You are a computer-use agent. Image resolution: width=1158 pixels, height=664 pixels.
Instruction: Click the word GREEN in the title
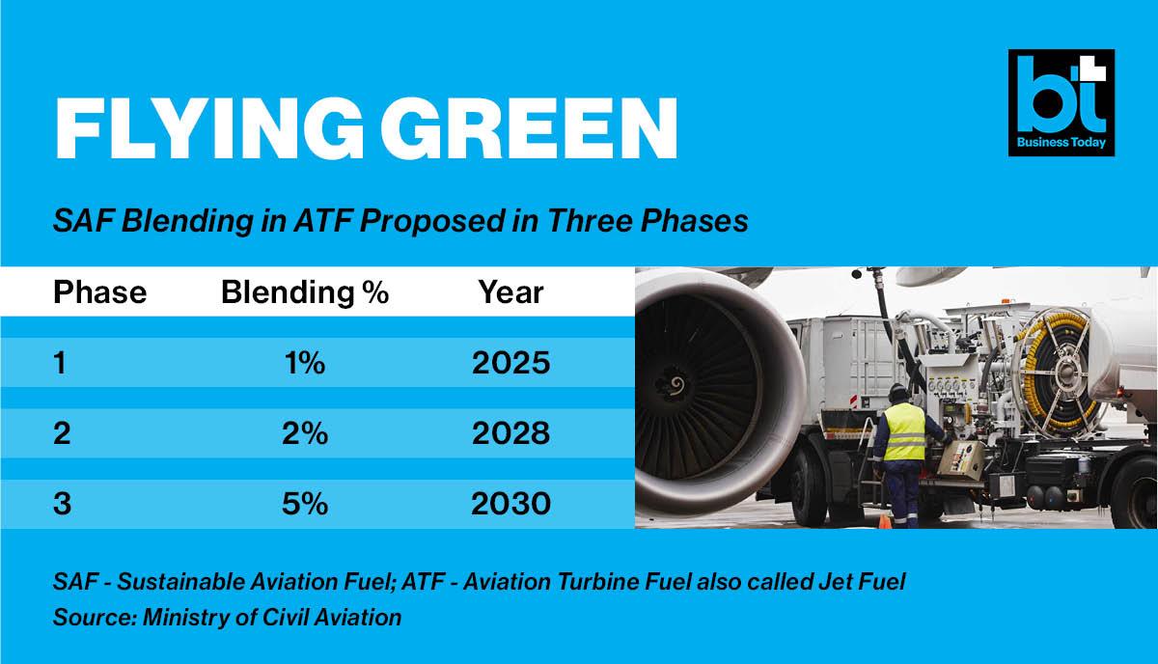(x=529, y=127)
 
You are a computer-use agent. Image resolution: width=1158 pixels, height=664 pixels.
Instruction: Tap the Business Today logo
(x=1061, y=102)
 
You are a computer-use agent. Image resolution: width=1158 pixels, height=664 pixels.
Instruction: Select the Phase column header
(x=99, y=292)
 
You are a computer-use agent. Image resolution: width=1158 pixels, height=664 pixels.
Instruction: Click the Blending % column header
(x=305, y=292)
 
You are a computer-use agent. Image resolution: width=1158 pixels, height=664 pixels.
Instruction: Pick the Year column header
(x=510, y=292)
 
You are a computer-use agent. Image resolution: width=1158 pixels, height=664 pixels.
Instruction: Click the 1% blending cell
(x=305, y=363)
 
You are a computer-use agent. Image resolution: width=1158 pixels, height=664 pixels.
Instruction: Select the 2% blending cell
(x=305, y=432)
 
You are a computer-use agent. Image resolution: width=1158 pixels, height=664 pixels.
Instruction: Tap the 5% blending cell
(x=305, y=503)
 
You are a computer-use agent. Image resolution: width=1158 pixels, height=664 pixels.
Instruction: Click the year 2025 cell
(x=510, y=363)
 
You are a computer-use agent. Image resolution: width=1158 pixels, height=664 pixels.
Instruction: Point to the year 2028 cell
(x=510, y=432)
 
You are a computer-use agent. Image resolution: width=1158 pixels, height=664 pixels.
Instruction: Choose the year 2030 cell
(x=510, y=503)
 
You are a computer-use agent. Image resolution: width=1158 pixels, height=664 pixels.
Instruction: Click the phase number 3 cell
(x=62, y=503)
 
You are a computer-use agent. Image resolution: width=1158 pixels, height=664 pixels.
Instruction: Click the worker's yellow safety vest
(x=903, y=432)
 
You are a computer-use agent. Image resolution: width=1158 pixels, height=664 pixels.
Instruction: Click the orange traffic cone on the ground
(x=885, y=521)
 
